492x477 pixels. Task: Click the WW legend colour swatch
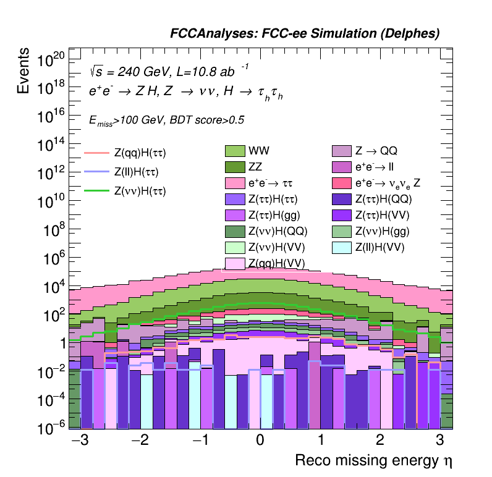(x=235, y=151)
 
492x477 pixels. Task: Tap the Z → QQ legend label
(x=380, y=151)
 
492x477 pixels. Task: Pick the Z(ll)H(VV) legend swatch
(x=341, y=248)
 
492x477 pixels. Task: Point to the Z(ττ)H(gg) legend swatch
(x=235, y=215)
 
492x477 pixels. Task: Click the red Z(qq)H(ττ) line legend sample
(x=96, y=153)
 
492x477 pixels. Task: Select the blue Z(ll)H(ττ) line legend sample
(x=96, y=172)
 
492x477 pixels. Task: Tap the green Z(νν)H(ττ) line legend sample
(x=96, y=191)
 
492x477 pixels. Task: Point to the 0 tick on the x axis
(x=260, y=441)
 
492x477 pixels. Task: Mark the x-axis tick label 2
(x=380, y=441)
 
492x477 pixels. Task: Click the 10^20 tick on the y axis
(x=51, y=61)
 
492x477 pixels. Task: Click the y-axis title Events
(x=23, y=72)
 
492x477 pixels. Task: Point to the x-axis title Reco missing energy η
(x=378, y=461)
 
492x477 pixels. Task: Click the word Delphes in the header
(x=410, y=35)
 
